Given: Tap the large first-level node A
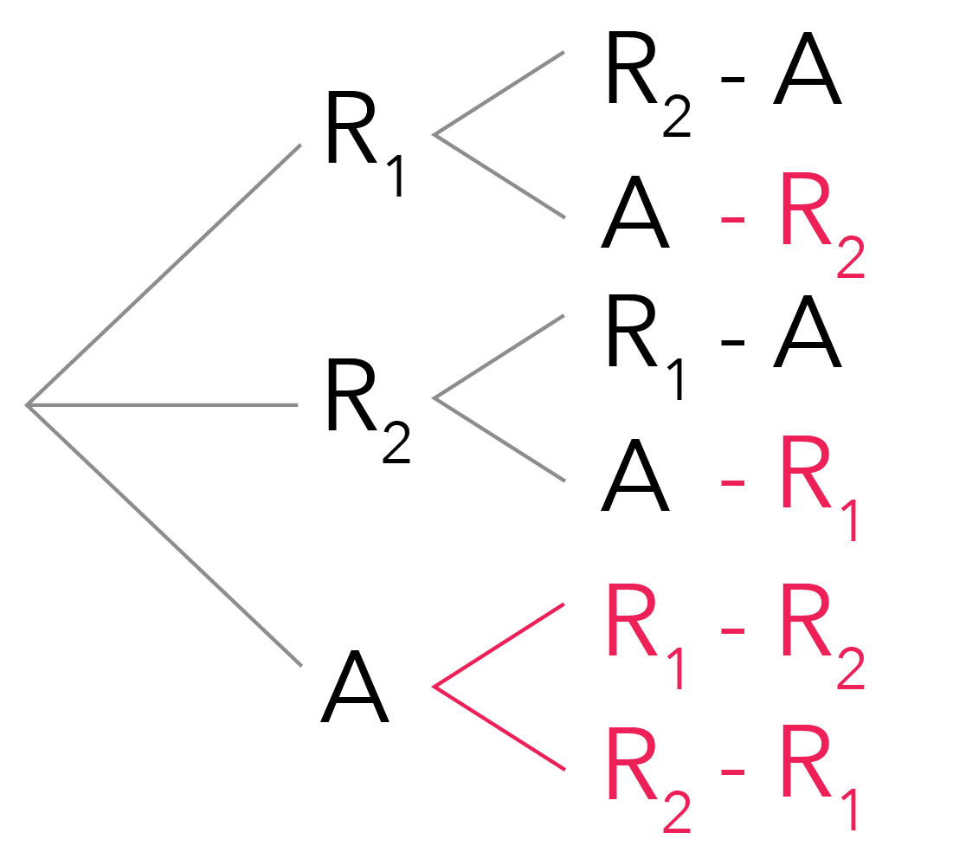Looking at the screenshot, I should pyautogui.click(x=354, y=689).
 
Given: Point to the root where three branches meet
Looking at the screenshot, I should pyautogui.click(x=29, y=403).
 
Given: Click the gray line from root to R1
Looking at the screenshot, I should pyautogui.click(x=164, y=274).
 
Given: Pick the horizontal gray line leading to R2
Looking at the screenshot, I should pyautogui.click(x=164, y=404).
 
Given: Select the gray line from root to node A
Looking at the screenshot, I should pyautogui.click(x=164, y=534).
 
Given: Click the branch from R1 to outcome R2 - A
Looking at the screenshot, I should pyautogui.click(x=499, y=93).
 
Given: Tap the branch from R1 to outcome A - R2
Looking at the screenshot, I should pyautogui.click(x=499, y=175).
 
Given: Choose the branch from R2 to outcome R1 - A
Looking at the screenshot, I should pyautogui.click(x=499, y=357).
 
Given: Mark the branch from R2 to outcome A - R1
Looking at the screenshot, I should pyautogui.click(x=499, y=440).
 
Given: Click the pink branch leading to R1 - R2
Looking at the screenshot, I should pyautogui.click(x=499, y=645).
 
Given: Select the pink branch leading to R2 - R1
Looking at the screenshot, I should pyautogui.click(x=499, y=729).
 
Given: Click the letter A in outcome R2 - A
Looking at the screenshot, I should pyautogui.click(x=807, y=73).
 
